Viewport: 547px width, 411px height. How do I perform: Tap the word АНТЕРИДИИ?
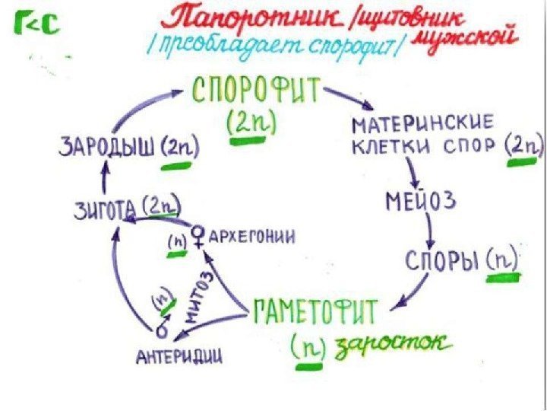(179, 355)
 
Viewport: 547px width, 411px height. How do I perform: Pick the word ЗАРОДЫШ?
(106, 145)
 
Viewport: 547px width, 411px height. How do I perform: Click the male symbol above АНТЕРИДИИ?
(162, 332)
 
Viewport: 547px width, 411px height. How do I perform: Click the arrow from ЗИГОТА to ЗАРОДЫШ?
(104, 176)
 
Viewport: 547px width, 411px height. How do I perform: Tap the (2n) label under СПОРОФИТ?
(251, 122)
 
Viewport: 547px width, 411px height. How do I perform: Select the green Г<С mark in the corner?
(35, 27)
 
